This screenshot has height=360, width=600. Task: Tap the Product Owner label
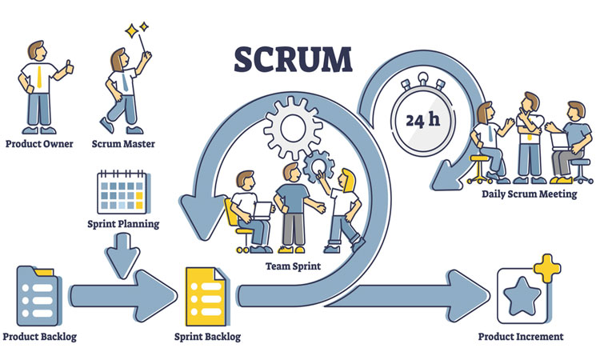(x=39, y=145)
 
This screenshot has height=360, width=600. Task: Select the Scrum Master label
(x=124, y=145)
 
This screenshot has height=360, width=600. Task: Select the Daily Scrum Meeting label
(x=529, y=194)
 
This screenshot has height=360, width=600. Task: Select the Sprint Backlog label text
(x=207, y=337)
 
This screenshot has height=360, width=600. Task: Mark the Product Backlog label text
(x=39, y=337)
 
